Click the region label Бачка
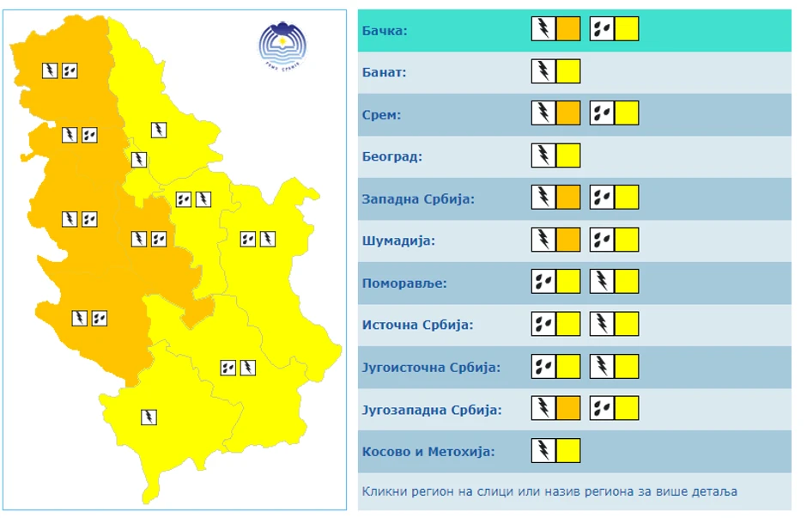tap(385, 31)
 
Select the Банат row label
tap(384, 73)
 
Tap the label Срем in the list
tap(382, 115)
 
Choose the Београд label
tap(392, 157)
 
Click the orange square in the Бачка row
tap(568, 30)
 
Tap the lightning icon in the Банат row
tap(543, 71)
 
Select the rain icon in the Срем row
tap(602, 113)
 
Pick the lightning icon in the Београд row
tap(543, 155)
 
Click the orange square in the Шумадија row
tap(568, 240)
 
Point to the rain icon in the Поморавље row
tap(543, 282)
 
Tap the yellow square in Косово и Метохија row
tap(568, 451)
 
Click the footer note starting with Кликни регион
tap(549, 492)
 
